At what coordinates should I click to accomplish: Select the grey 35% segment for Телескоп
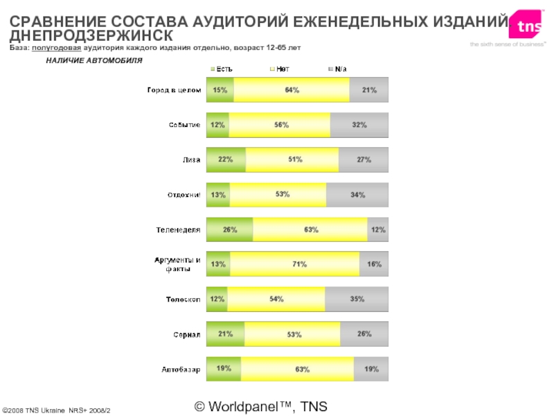click(357, 299)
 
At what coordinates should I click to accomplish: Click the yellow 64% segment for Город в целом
click(292, 90)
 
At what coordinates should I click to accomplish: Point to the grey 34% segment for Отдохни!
click(357, 195)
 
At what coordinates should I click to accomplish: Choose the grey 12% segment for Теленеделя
click(377, 229)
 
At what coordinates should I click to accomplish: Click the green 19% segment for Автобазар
click(224, 369)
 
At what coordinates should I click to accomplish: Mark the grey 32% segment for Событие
click(359, 125)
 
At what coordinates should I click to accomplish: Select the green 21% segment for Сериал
click(226, 334)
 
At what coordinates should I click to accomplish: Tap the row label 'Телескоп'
click(184, 300)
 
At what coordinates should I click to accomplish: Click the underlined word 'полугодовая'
click(57, 47)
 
